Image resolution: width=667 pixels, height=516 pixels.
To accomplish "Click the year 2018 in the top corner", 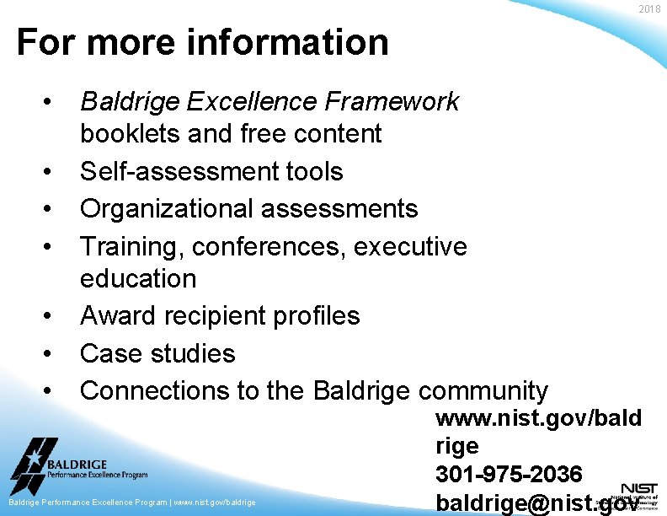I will click(649, 8).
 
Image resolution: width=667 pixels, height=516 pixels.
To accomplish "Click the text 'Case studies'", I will click(157, 352).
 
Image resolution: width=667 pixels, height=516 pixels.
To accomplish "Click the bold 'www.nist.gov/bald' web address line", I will click(538, 418).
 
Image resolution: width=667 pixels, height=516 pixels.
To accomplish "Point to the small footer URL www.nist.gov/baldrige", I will click(214, 503).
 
